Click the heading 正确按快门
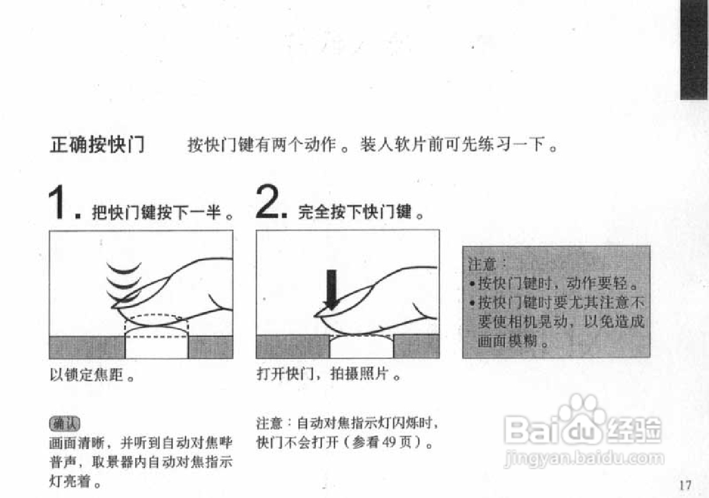point(97,146)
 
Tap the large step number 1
point(60,204)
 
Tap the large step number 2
point(270,203)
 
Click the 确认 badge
point(64,424)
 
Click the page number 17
point(685,485)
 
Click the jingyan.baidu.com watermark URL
point(584,459)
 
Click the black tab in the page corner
point(693,50)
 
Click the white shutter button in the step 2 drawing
point(361,347)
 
